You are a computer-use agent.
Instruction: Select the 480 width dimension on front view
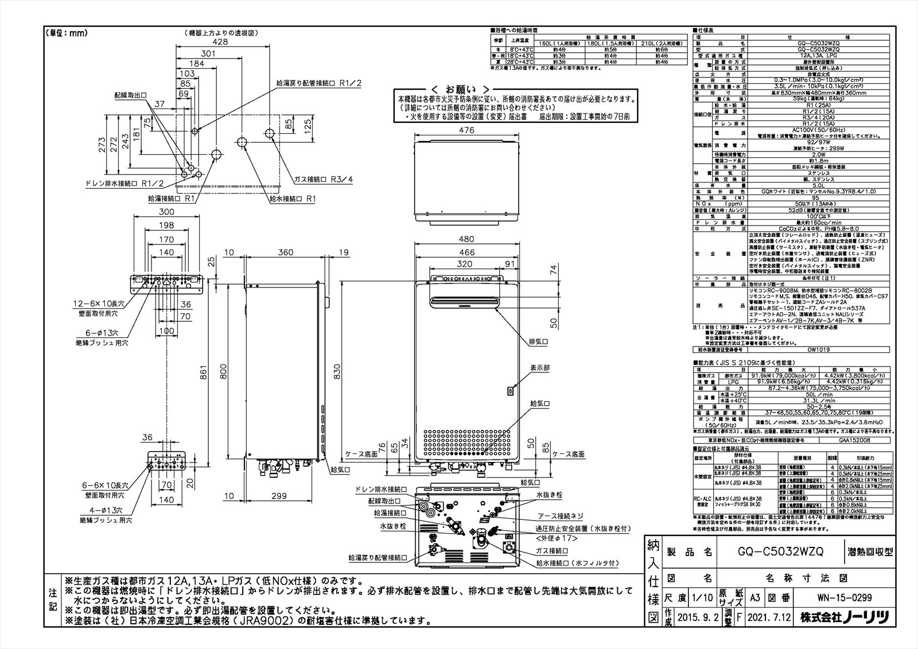click(x=468, y=239)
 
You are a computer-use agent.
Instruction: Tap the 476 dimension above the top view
click(x=467, y=131)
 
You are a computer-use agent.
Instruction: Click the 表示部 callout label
click(x=539, y=368)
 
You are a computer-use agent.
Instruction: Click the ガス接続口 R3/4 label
click(x=324, y=179)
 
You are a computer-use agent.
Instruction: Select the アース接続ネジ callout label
click(x=562, y=516)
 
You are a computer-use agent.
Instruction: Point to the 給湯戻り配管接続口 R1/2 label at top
click(x=320, y=83)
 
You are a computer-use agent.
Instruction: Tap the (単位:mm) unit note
click(x=66, y=33)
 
